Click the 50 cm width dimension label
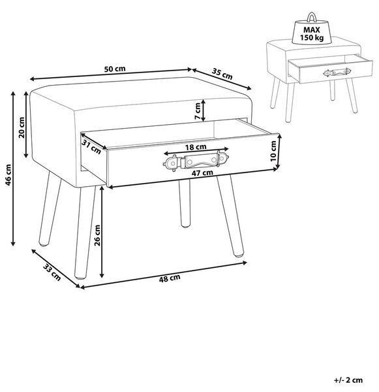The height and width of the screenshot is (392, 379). click(x=115, y=69)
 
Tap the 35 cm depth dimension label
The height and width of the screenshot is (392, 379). click(x=222, y=73)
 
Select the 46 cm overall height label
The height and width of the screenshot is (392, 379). click(x=8, y=174)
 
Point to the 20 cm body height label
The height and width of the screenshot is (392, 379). click(x=22, y=127)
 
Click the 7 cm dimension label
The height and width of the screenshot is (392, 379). click(x=198, y=111)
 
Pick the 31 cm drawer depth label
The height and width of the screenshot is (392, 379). click(x=91, y=147)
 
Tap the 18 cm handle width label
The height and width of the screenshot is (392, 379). click(x=196, y=147)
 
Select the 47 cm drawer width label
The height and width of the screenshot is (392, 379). click(x=202, y=172)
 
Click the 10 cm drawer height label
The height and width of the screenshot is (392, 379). click(x=273, y=151)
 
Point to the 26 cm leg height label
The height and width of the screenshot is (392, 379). click(x=97, y=235)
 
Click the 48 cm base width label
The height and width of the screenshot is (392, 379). click(x=170, y=278)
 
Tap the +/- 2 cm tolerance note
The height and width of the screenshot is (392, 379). click(x=348, y=380)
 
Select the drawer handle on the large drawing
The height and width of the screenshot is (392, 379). click(x=196, y=161)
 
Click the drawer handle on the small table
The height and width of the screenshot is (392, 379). click(x=337, y=73)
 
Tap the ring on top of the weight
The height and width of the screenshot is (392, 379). click(x=312, y=18)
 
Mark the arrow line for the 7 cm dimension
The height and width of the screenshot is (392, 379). click(x=204, y=110)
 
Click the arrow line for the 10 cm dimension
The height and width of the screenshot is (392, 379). click(x=279, y=151)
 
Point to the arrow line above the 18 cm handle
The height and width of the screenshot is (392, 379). click(x=196, y=152)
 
